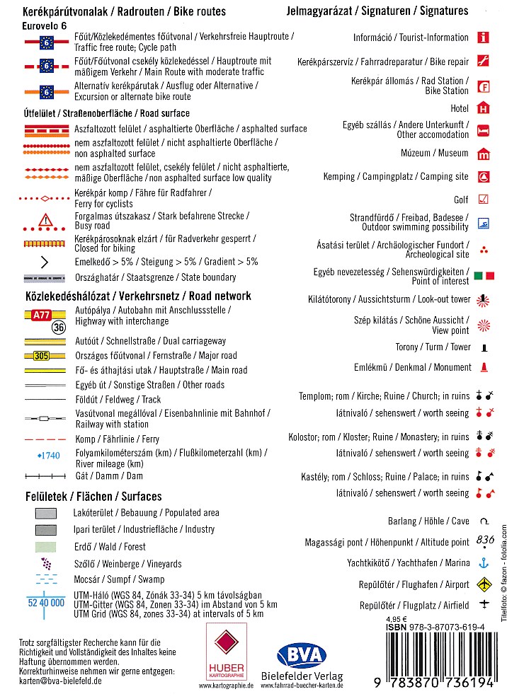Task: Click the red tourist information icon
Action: coord(483,37)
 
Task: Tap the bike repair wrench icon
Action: coord(483,61)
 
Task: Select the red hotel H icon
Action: coord(483,108)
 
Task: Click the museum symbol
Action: coord(483,154)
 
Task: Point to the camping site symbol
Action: coord(483,176)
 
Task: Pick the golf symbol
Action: coord(483,200)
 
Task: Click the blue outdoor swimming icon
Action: coord(483,222)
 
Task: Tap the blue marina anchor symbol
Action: coord(484,563)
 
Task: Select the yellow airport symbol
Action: coord(484,584)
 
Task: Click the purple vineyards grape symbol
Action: coord(46,564)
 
